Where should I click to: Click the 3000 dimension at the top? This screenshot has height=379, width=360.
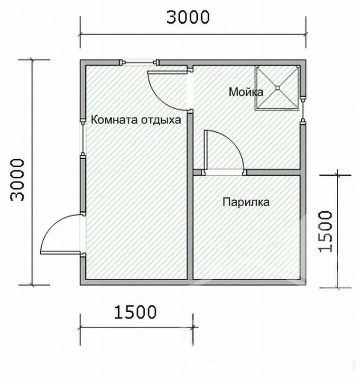click(x=188, y=17)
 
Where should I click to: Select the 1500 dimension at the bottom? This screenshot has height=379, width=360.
click(x=135, y=312)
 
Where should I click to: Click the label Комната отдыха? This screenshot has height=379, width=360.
click(x=136, y=120)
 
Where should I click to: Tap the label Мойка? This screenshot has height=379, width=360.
click(x=246, y=92)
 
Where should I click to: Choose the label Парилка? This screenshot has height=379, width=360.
click(x=246, y=202)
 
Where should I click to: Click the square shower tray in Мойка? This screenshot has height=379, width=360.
click(x=277, y=88)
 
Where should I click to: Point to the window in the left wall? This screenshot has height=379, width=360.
click(x=82, y=137)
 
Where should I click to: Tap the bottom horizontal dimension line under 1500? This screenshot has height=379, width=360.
click(x=136, y=326)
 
